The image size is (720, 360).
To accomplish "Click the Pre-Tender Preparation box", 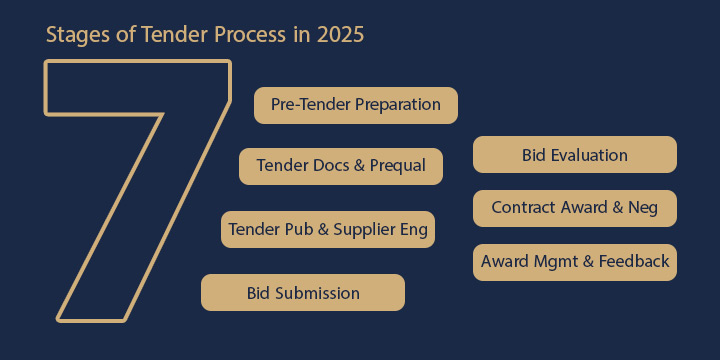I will pos(355,105).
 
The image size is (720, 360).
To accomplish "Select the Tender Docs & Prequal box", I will pos(341,166).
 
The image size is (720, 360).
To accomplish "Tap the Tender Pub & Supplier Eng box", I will pos(328,230).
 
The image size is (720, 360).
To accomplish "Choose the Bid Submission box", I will pos(303,293).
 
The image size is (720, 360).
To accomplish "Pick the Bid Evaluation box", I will pos(575,155).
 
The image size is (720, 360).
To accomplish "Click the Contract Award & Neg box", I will pos(575,208).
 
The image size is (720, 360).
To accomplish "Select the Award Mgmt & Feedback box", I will pos(575,262).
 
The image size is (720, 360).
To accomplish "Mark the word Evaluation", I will pos(590,155).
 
